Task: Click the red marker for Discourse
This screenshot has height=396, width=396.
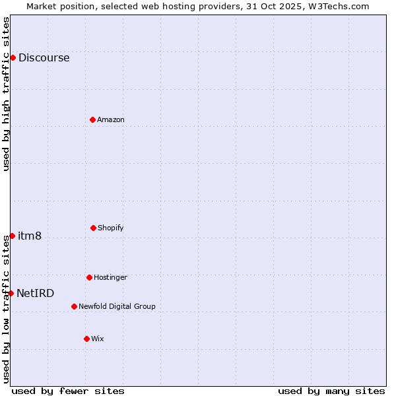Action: [x=13, y=57]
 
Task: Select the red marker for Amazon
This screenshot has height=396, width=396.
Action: [x=92, y=119]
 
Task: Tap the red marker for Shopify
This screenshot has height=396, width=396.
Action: [x=93, y=228]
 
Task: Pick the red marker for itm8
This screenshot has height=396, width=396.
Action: [x=12, y=236]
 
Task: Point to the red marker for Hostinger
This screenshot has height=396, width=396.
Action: [x=89, y=277]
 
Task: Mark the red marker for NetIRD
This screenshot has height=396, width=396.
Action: [x=11, y=293]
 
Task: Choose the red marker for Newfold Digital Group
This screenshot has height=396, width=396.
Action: [x=74, y=306]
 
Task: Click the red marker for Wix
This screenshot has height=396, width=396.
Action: [x=86, y=339]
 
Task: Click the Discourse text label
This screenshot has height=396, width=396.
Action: [x=44, y=57]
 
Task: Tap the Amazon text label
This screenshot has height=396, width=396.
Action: [x=111, y=119]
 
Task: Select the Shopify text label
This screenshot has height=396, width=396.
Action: [x=111, y=228]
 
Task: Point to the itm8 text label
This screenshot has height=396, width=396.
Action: [x=30, y=236]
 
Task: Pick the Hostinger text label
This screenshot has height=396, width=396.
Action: [x=110, y=277]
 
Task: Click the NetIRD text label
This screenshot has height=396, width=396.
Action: [x=36, y=293]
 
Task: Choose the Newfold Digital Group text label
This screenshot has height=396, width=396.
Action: [x=117, y=306]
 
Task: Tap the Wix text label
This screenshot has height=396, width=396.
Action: [x=98, y=339]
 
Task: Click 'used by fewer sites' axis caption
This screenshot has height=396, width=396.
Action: [x=68, y=391]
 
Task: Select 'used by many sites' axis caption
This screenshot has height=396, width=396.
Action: [x=331, y=391]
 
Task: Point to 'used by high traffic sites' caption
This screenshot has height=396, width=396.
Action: [x=6, y=94]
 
